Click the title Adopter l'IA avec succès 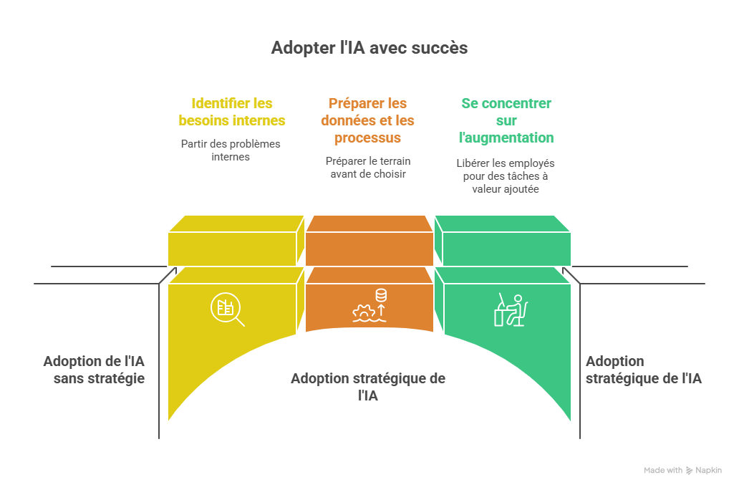pos(369,48)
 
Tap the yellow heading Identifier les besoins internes pos(232,112)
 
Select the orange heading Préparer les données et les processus pos(367,120)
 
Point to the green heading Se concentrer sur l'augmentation pos(506,120)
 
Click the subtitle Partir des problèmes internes pos(231,150)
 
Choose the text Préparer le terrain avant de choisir pos(368,167)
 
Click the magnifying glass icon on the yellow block pos(227,309)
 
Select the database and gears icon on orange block pos(369,304)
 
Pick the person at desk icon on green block pos(511,309)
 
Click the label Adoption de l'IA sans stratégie pos(94,369)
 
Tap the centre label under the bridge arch pos(368,386)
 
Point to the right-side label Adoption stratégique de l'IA pos(643,370)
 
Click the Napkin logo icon pos(690,471)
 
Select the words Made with pos(663,471)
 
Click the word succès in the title pos(440,48)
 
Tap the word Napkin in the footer pos(709,471)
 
